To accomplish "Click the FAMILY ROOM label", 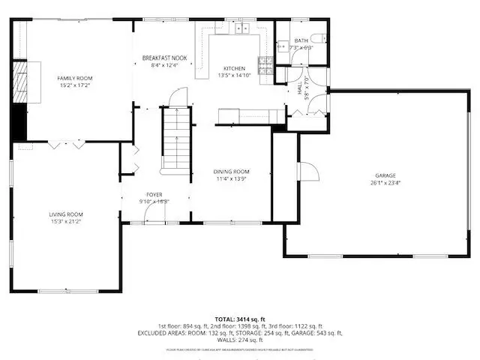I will pyautogui.click(x=74, y=78).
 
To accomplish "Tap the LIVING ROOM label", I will pyautogui.click(x=66, y=214).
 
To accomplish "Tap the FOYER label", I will pyautogui.click(x=154, y=194).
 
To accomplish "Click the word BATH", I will pyautogui.click(x=301, y=40).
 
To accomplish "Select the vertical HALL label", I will pyautogui.click(x=299, y=88).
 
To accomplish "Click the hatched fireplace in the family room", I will pyautogui.click(x=21, y=76).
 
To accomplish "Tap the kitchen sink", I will pyautogui.click(x=241, y=28).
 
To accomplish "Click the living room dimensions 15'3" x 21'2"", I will pyautogui.click(x=66, y=221).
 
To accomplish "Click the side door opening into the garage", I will pyautogui.click(x=305, y=171).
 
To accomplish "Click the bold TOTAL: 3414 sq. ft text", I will pyautogui.click(x=240, y=319).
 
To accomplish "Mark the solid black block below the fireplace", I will pyautogui.click(x=20, y=118).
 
